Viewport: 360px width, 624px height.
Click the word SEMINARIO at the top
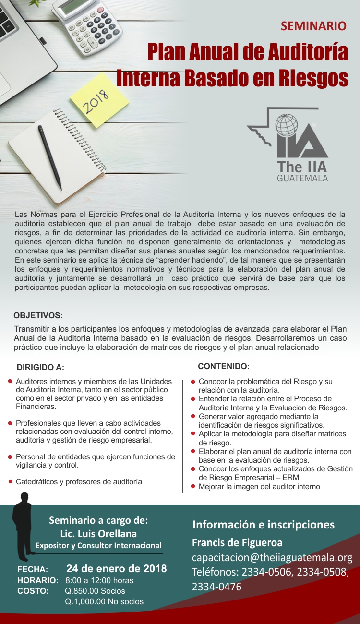tap(313, 26)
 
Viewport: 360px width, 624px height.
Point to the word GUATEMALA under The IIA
tap(302, 179)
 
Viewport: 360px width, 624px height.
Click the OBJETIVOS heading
tap(38, 315)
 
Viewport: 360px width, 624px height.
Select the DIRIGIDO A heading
tap(40, 368)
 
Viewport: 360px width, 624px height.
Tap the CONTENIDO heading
tap(223, 366)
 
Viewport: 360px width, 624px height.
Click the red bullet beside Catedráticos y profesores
tap(10, 481)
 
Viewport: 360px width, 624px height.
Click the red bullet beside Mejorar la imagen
tap(193, 486)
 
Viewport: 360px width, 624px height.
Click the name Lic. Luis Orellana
tap(98, 533)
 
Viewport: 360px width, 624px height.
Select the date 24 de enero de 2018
tap(116, 569)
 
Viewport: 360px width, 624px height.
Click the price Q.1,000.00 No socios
tap(104, 601)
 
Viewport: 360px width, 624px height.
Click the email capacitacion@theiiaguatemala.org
tap(272, 557)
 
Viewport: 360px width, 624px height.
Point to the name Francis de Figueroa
tap(237, 542)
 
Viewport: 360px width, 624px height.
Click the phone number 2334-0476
tap(216, 587)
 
